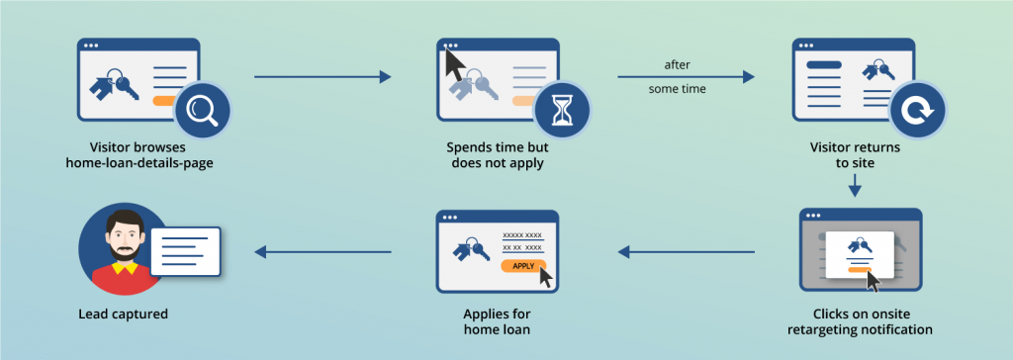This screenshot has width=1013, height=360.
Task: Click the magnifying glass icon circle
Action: coord(202,109)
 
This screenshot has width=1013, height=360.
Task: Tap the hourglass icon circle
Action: coord(562,109)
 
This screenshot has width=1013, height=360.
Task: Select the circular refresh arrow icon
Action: coord(917,110)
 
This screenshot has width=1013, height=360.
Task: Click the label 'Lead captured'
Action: coord(123,315)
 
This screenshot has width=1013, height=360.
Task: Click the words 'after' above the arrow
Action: coord(677,64)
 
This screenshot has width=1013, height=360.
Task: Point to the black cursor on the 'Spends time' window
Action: coord(454,67)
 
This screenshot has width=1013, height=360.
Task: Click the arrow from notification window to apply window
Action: coord(686,252)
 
